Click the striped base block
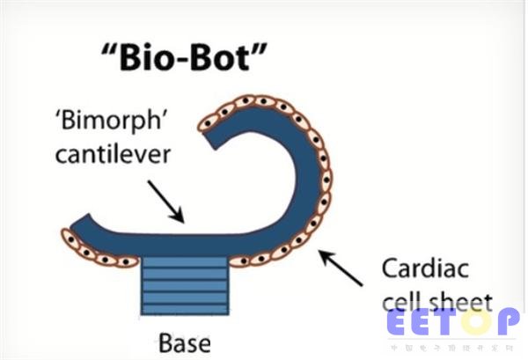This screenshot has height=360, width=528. coord(187,286)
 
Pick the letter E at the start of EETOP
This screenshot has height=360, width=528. coord(399,323)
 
